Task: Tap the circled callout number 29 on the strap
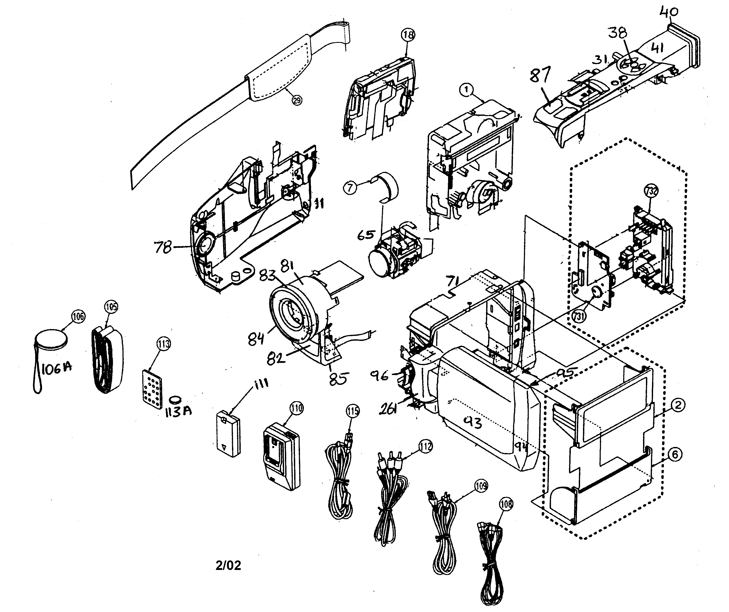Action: (x=297, y=100)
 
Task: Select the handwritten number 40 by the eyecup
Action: (x=669, y=12)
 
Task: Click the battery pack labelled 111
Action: (x=228, y=433)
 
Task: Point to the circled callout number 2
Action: (x=678, y=404)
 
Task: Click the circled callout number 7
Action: (x=350, y=188)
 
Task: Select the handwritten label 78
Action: (x=163, y=248)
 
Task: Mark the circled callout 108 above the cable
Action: (x=506, y=504)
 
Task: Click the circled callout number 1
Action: (x=466, y=90)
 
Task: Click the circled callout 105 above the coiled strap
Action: (x=111, y=307)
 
